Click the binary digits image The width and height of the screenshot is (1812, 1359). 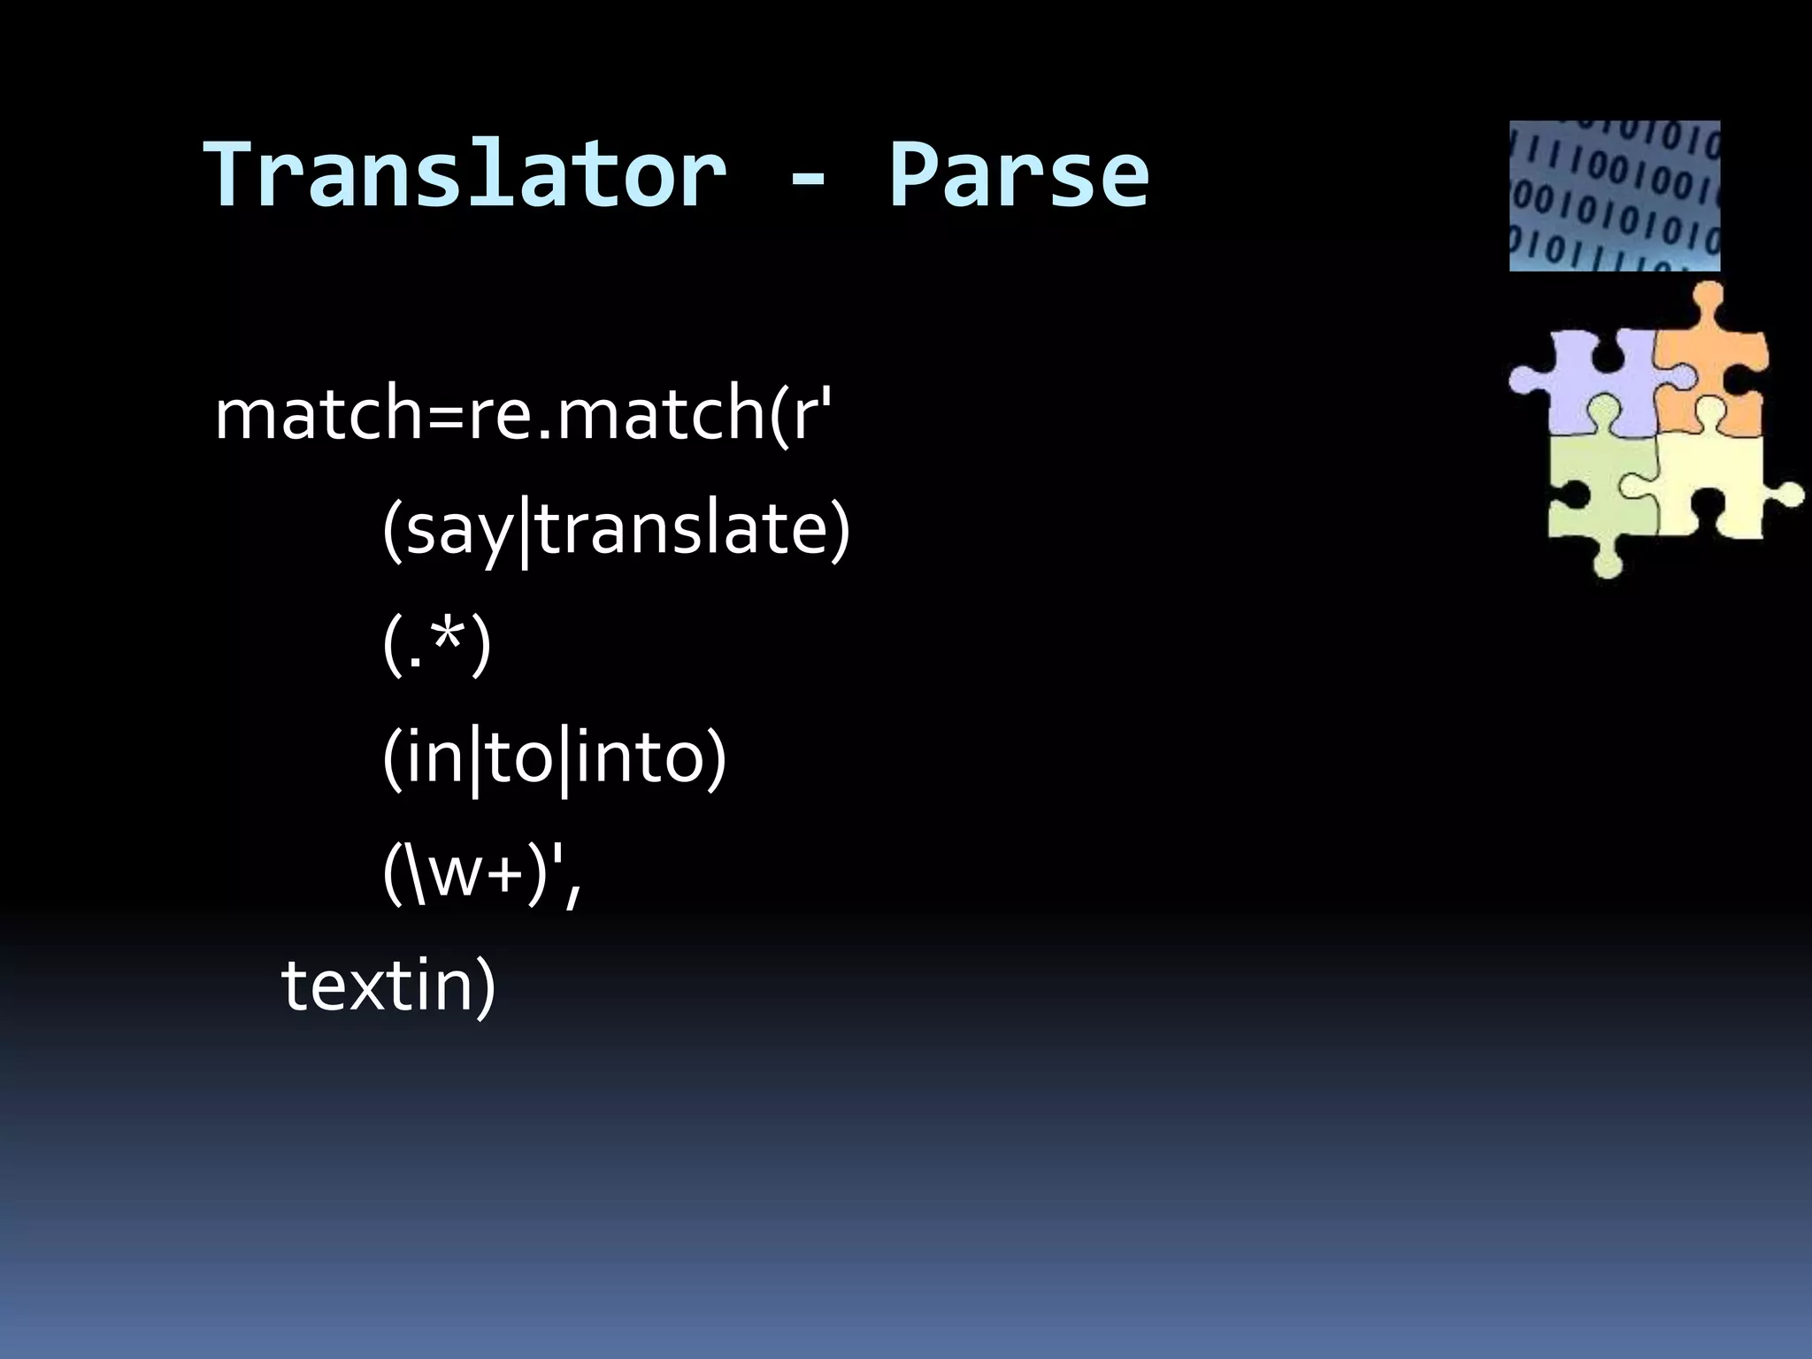(x=1614, y=196)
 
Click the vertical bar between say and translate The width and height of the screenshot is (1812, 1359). (x=525, y=536)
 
